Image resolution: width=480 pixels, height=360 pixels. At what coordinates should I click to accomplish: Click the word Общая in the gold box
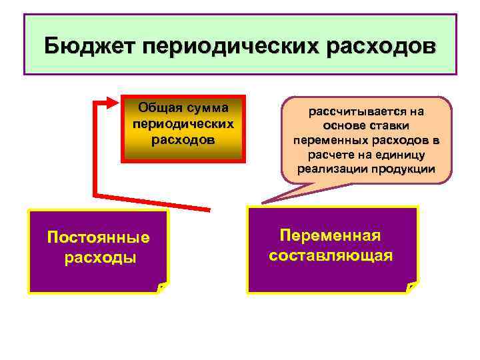click(x=159, y=107)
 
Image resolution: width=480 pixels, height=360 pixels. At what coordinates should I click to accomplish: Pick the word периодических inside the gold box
click(x=183, y=124)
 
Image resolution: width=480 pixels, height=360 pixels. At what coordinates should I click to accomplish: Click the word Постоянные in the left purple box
click(x=99, y=237)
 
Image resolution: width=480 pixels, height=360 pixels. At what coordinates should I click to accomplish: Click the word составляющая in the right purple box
click(x=331, y=255)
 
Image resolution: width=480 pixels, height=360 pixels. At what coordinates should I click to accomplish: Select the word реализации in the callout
click(x=329, y=169)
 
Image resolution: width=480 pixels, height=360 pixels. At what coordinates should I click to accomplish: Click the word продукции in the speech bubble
click(x=399, y=169)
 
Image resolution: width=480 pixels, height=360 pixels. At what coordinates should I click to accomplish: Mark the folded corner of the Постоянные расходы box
click(x=162, y=287)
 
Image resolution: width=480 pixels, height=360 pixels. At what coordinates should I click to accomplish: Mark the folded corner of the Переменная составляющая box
click(x=413, y=287)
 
